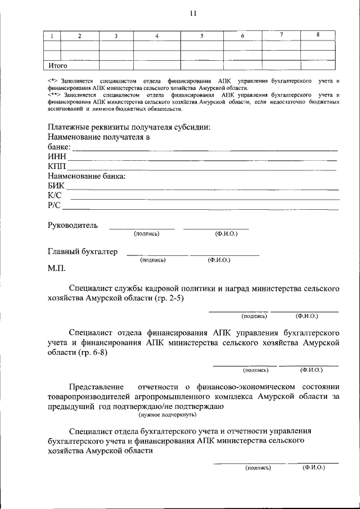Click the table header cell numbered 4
tap(157, 36)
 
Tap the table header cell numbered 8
tap(317, 35)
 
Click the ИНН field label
tap(57, 157)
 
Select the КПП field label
tap(57, 166)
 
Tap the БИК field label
tap(56, 186)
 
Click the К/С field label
tap(55, 195)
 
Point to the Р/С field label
tap(55, 205)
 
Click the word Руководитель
tap(73, 226)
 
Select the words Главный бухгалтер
tap(83, 252)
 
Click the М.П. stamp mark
tap(57, 268)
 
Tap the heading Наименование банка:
tap(87, 176)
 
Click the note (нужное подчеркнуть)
tap(167, 415)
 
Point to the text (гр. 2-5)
tap(169, 298)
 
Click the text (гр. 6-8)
tap(92, 353)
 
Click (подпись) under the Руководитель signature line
tap(146, 233)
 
